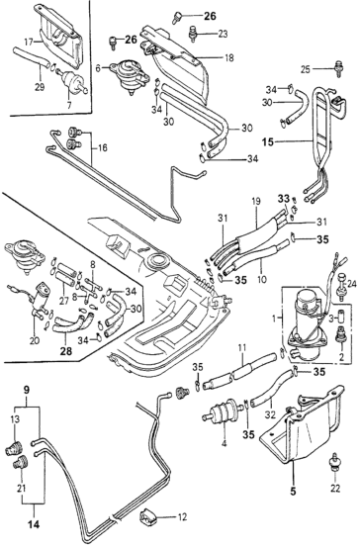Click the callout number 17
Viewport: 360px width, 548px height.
29,42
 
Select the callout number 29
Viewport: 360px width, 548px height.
40,86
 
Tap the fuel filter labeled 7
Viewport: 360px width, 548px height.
70,79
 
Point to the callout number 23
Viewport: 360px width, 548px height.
223,34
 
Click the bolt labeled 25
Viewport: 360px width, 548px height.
338,69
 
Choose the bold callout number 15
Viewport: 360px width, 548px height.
268,142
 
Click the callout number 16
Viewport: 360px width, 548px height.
103,147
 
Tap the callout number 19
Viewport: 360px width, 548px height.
256,202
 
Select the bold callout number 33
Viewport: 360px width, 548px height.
284,199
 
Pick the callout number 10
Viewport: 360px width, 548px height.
261,279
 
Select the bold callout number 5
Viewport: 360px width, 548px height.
293,491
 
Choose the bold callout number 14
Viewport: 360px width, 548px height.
34,524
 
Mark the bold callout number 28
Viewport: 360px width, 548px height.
65,351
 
